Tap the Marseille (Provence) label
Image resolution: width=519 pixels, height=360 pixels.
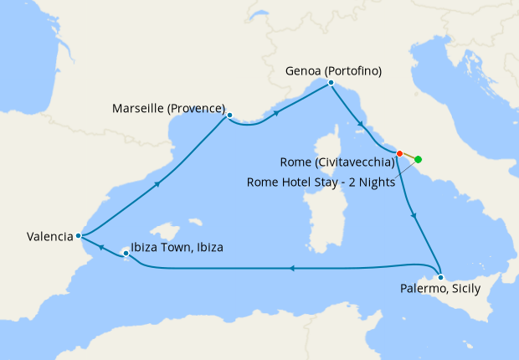[170, 109]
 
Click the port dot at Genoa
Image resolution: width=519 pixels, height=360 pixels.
[331, 83]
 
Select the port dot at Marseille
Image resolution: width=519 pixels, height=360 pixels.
[229, 116]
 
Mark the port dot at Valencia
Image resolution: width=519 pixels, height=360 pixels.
[78, 236]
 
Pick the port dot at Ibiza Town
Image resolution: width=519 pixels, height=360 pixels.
[126, 252]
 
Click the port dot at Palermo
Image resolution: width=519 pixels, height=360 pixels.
[440, 277]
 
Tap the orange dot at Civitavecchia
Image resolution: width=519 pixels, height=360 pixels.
[399, 153]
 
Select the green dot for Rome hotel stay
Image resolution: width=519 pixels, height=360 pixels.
[418, 159]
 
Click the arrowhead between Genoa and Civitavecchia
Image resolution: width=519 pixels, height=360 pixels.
[361, 125]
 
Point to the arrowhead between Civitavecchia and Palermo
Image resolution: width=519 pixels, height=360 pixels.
[415, 216]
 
